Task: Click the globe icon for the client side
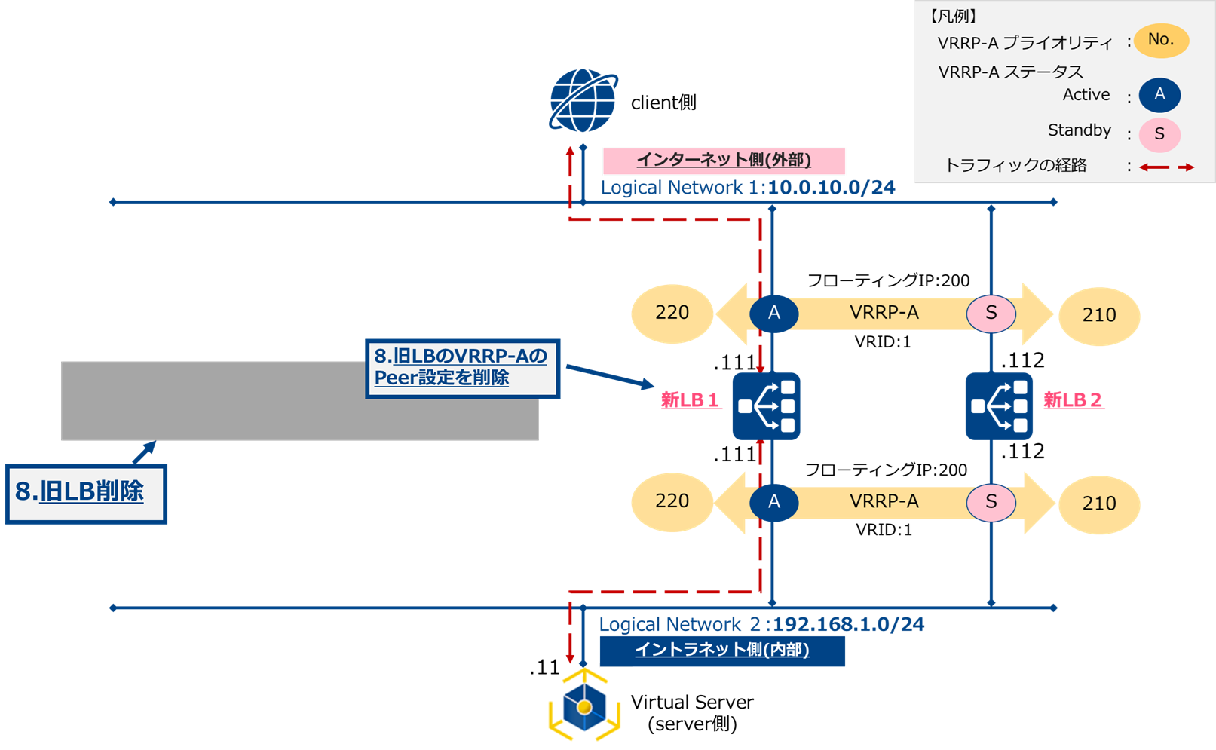[x=583, y=101]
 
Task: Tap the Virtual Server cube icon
[x=584, y=706]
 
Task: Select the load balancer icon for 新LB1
[x=766, y=406]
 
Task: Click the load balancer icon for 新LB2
[x=999, y=406]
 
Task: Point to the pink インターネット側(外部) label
[x=723, y=161]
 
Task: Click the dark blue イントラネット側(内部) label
[x=721, y=651]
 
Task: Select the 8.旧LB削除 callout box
[x=86, y=494]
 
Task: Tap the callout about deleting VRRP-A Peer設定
[x=462, y=368]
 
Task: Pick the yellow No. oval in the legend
[x=1161, y=40]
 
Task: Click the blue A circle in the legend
[x=1159, y=95]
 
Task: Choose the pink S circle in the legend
[x=1159, y=134]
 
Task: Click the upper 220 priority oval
[x=672, y=314]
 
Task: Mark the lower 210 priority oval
[x=1098, y=504]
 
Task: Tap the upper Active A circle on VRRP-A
[x=774, y=314]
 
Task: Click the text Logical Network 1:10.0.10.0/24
[x=747, y=188]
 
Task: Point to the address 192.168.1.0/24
[x=848, y=625]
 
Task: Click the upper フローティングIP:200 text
[x=888, y=280]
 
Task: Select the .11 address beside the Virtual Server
[x=544, y=668]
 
